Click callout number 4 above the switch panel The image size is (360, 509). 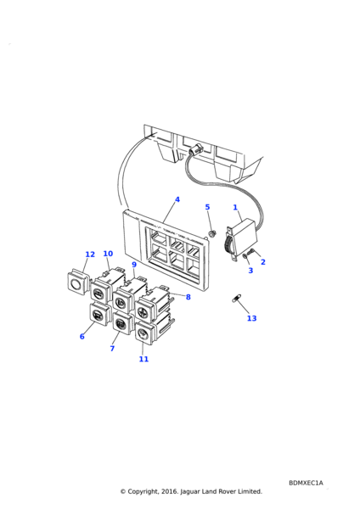[177, 199]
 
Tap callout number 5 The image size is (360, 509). [207, 207]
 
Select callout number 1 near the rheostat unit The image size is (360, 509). [235, 208]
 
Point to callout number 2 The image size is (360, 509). [263, 262]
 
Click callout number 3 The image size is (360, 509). [250, 271]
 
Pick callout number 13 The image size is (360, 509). [252, 318]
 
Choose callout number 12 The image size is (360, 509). [90, 255]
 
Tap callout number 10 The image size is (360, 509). [108, 254]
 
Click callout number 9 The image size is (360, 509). [134, 265]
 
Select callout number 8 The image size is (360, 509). [188, 297]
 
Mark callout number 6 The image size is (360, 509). [82, 336]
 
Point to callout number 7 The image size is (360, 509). [112, 349]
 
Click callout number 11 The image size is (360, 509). [143, 359]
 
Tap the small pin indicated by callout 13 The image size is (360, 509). [237, 298]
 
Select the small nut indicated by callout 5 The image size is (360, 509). [212, 233]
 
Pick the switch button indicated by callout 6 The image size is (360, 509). [98, 314]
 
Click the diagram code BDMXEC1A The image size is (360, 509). [306, 483]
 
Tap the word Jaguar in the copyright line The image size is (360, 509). [190, 492]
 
